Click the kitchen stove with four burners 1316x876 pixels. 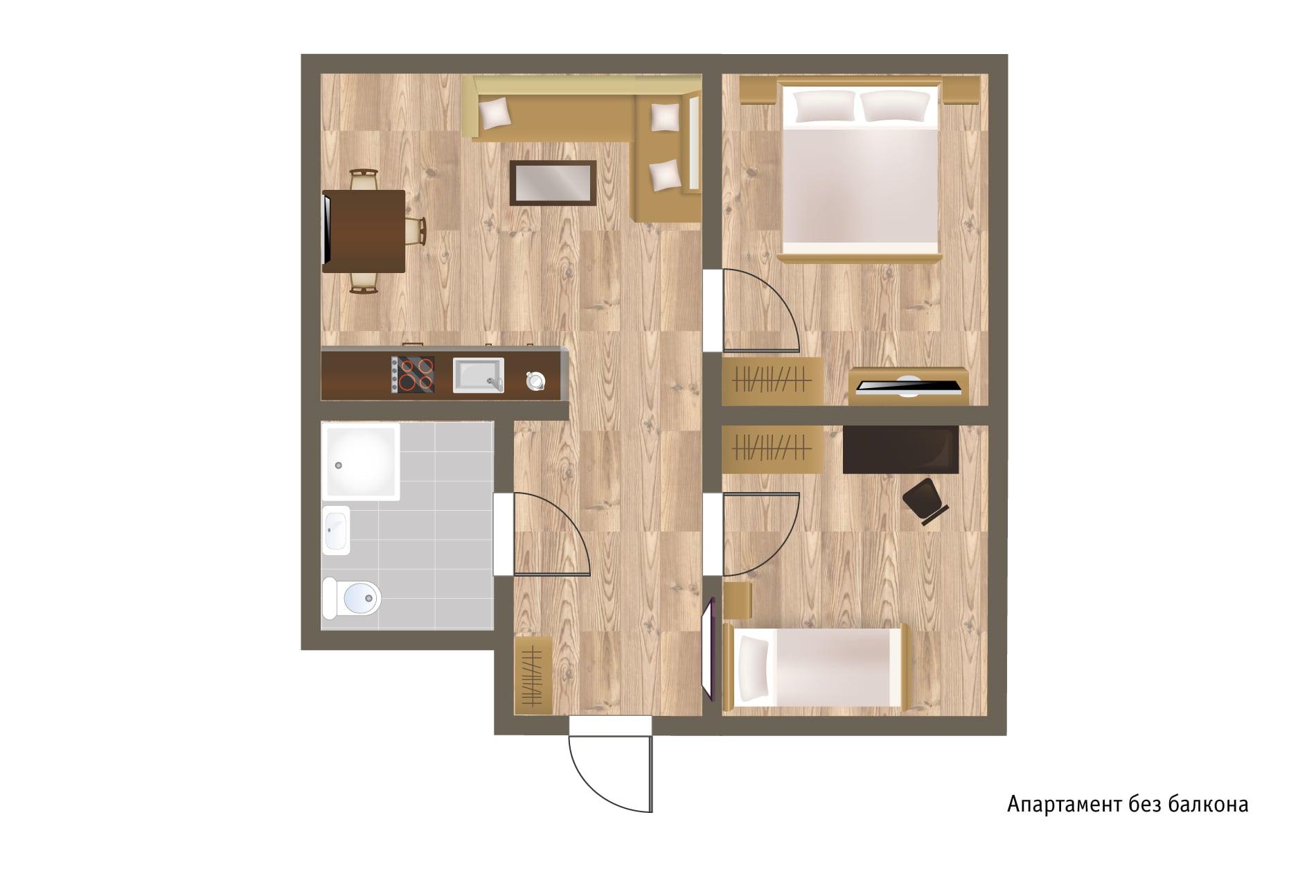pos(413,375)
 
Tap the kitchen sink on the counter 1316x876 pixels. pos(478,375)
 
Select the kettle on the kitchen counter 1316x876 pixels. pos(535,380)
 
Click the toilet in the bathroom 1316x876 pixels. pos(352,597)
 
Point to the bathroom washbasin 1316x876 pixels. pos(336,530)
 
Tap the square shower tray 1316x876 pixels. pos(361,461)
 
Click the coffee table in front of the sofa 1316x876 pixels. pos(553,183)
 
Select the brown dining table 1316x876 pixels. pos(364,231)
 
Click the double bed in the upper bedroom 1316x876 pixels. pos(859,170)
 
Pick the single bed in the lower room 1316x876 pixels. pos(816,667)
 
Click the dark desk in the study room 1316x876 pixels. pos(900,450)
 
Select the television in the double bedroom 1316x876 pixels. pos(907,387)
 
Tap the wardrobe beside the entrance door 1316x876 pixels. pos(533,675)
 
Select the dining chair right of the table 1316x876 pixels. pos(416,231)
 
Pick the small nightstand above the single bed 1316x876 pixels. pos(738,601)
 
